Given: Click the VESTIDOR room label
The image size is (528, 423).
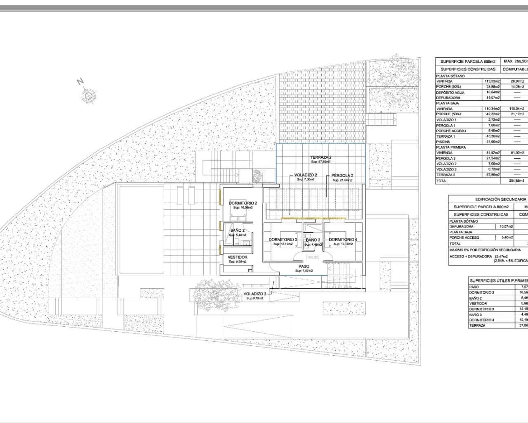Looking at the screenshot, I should pos(238,257).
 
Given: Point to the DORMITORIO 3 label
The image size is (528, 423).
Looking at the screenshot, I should pos(283,240).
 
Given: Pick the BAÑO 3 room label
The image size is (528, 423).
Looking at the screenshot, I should pos(313,240).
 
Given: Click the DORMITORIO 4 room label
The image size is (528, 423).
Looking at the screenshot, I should pos(343,240).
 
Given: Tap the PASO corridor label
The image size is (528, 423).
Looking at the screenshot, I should pos(304,266).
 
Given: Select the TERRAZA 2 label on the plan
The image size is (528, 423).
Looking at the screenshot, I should pos(321,157).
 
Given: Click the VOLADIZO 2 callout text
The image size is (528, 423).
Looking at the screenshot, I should pos(306,175).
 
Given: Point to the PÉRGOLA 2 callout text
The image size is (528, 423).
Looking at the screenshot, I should pos(342,175).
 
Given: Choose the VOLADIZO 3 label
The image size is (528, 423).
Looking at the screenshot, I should pos(254,294).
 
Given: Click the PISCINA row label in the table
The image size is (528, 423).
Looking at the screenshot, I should pos(443,142).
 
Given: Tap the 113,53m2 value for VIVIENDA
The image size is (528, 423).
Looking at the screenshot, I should pos(492,81).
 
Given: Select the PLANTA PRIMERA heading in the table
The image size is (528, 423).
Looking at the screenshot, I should pos(451,147).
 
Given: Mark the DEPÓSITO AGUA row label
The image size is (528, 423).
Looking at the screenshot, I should pos(451,92).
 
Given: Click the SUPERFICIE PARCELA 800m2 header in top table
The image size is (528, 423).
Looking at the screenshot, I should pos(467,62).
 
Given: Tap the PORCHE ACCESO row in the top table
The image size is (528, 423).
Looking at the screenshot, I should pos(451,131).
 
